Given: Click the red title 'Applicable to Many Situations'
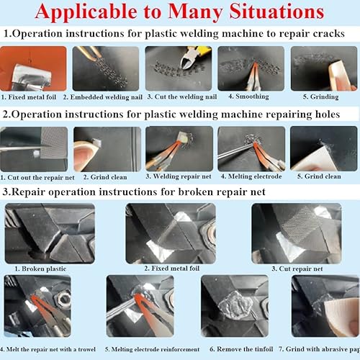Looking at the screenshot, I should (x=180, y=13).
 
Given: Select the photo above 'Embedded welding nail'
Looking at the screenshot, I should (x=106, y=68).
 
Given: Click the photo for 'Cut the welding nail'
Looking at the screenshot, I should (x=178, y=68).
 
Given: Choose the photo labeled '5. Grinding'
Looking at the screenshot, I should (x=321, y=68).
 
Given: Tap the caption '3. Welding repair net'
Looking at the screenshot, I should (x=179, y=176).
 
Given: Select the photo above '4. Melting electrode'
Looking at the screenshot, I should (x=251, y=148).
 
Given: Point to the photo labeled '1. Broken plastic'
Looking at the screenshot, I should (x=49, y=233).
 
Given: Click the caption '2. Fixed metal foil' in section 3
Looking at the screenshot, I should (x=170, y=268).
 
